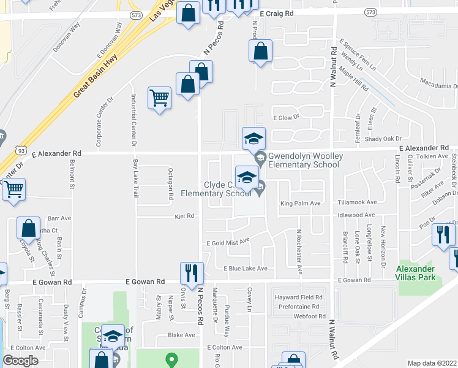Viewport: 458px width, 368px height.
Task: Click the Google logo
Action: [x=20, y=361]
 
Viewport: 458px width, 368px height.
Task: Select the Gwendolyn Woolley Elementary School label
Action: [x=304, y=161]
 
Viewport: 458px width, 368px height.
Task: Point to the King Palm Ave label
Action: [x=301, y=203]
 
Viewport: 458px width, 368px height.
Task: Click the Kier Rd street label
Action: [x=184, y=216]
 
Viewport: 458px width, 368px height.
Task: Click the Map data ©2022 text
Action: [x=432, y=363]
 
